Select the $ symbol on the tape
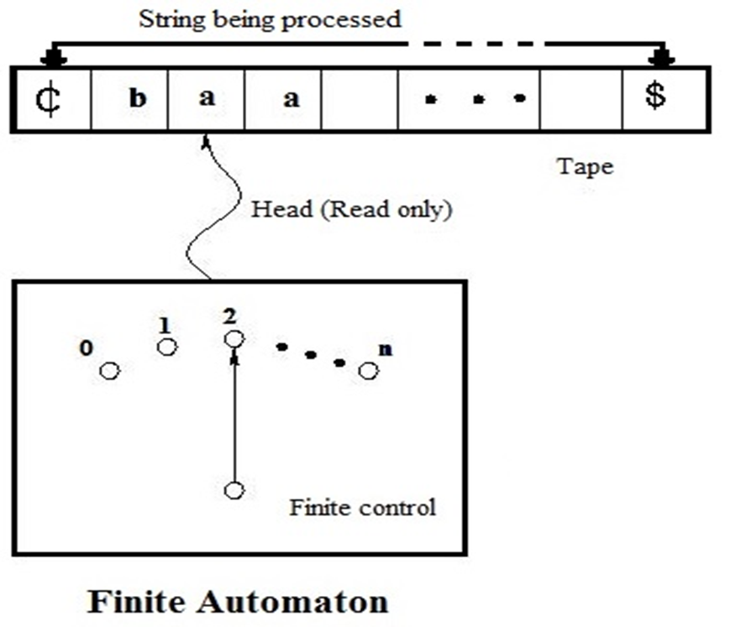coord(655,97)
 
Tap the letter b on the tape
coord(137,99)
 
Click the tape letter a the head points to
coord(206,99)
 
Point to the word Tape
coord(586,166)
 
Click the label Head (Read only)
coord(352,210)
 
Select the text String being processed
coord(270,19)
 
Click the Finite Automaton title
coord(239,601)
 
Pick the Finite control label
coord(362,507)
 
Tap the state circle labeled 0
coord(109,370)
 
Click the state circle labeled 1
coord(167,347)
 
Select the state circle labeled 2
coord(234,338)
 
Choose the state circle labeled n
coord(368,370)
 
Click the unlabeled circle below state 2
coord(234,489)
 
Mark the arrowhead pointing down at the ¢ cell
coord(52,59)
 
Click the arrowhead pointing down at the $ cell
coord(663,59)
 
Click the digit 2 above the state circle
coord(229,316)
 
